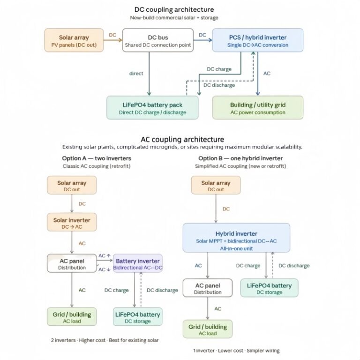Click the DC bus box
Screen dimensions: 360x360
(158, 40)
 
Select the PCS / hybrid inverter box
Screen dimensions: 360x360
(258, 41)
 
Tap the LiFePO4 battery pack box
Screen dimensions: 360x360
(152, 108)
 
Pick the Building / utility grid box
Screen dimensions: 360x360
(258, 108)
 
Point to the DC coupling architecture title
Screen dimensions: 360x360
(174, 9)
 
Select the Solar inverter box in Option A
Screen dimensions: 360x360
(72, 223)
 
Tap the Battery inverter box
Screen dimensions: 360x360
(138, 263)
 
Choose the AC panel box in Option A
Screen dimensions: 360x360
(72, 263)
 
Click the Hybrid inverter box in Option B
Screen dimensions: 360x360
(236, 238)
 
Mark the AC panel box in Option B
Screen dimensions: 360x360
(207, 288)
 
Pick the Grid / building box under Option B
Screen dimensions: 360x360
(207, 330)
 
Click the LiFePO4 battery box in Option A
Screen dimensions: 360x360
(138, 317)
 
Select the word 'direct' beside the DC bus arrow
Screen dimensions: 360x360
(136, 74)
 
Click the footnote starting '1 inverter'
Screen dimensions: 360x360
(236, 350)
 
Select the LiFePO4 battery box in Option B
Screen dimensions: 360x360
(269, 288)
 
